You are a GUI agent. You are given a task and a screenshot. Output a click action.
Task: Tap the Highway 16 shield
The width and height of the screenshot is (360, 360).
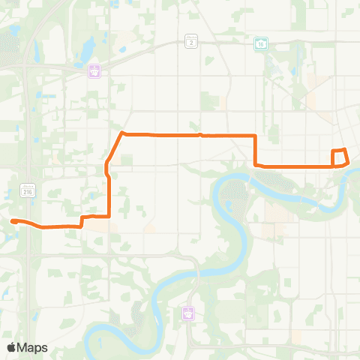[261, 43]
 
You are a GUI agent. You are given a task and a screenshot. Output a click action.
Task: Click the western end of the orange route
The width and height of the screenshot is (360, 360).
[13, 220]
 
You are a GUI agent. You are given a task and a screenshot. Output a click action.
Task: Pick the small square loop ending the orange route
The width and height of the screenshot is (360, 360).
[340, 157]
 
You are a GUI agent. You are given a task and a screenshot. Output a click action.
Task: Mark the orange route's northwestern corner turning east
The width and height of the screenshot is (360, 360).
[121, 134]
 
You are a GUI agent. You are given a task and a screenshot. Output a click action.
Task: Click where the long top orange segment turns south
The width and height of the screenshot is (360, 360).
[256, 136]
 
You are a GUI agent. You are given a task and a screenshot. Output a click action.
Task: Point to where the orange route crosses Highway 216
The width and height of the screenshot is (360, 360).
[28, 224]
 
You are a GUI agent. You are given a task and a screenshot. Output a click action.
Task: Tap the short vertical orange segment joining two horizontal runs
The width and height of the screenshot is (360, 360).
[256, 150]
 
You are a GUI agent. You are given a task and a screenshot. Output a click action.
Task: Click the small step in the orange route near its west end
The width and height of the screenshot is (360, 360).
[81, 221]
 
